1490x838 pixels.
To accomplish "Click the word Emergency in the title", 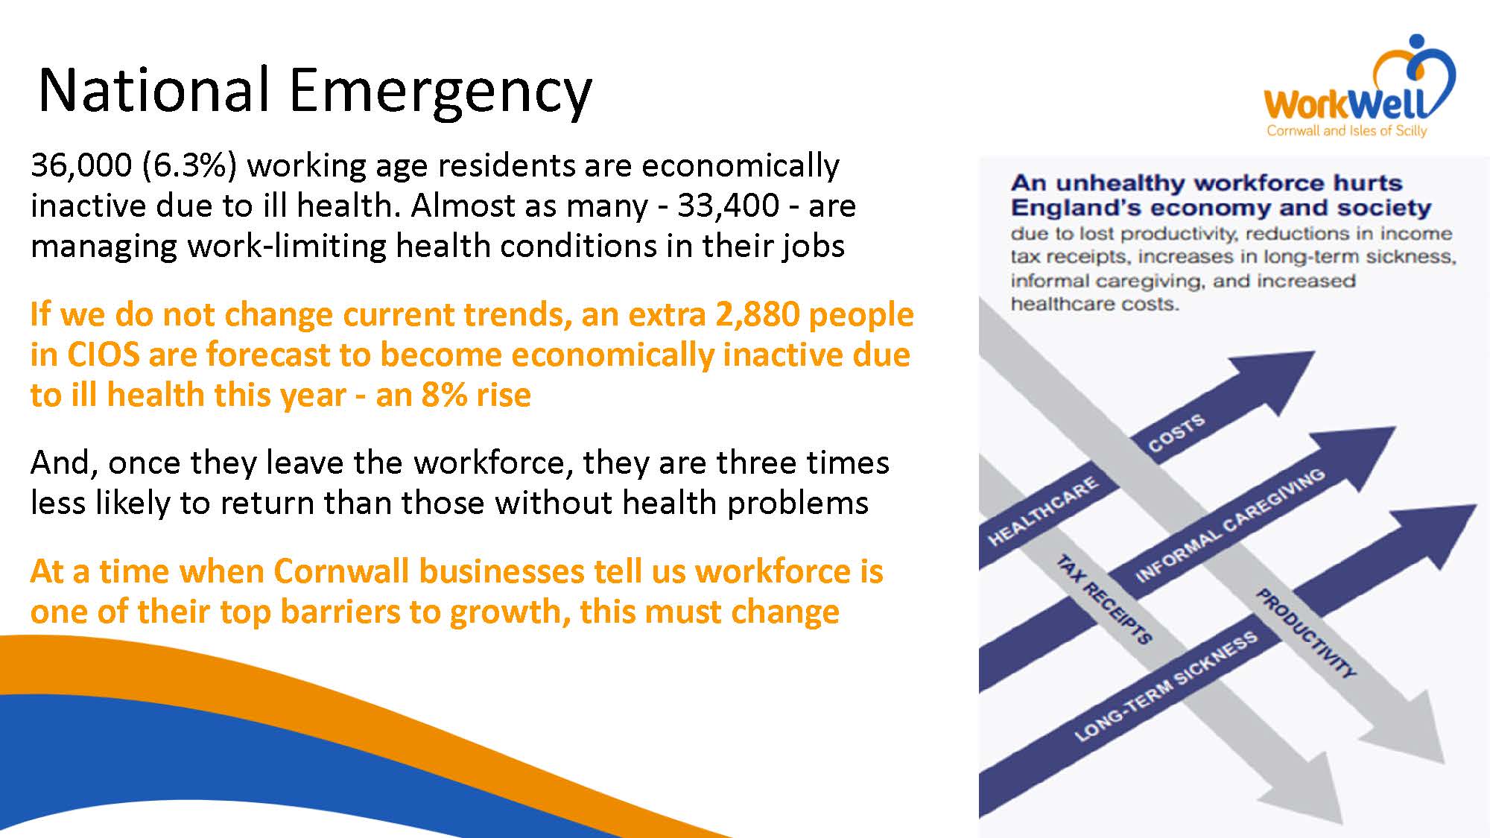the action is click(x=440, y=92).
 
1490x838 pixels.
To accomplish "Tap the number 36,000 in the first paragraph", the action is click(x=80, y=165).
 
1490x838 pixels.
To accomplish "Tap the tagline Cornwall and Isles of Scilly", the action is click(x=1347, y=131).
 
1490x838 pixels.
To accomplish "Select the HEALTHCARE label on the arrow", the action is click(x=1042, y=512).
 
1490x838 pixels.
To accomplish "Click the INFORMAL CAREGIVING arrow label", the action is click(x=1229, y=525).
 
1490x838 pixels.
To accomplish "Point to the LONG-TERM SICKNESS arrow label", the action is click(x=1166, y=686).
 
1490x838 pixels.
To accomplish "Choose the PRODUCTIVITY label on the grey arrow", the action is click(x=1304, y=633).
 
